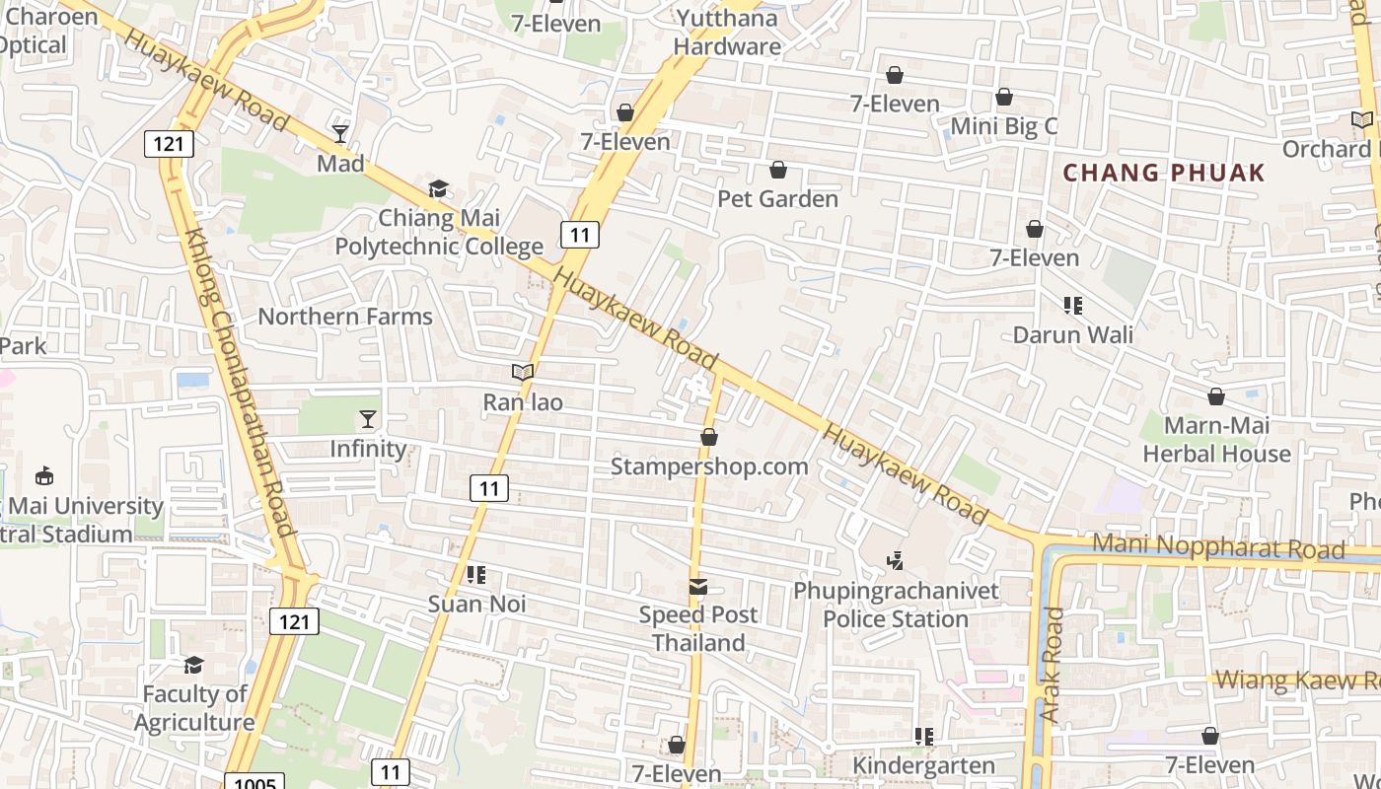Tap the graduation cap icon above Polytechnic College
[x=438, y=188]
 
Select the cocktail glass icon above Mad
[x=340, y=133]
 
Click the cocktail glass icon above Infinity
[x=368, y=419]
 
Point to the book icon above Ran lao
[x=523, y=373]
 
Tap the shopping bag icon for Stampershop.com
[x=708, y=437]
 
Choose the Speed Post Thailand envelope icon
[x=698, y=587]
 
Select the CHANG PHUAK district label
[x=1164, y=174]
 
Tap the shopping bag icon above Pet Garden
[x=778, y=171]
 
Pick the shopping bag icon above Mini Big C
[x=1004, y=98]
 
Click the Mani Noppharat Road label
[x=1219, y=547]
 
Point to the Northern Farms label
[x=345, y=317]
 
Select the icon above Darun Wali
[x=1073, y=306]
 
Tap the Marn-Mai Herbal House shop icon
[x=1216, y=396]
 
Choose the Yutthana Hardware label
[x=728, y=32]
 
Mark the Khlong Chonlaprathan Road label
[x=240, y=385]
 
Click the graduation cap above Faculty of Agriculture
[x=193, y=666]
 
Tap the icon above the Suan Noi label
[x=476, y=575]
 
